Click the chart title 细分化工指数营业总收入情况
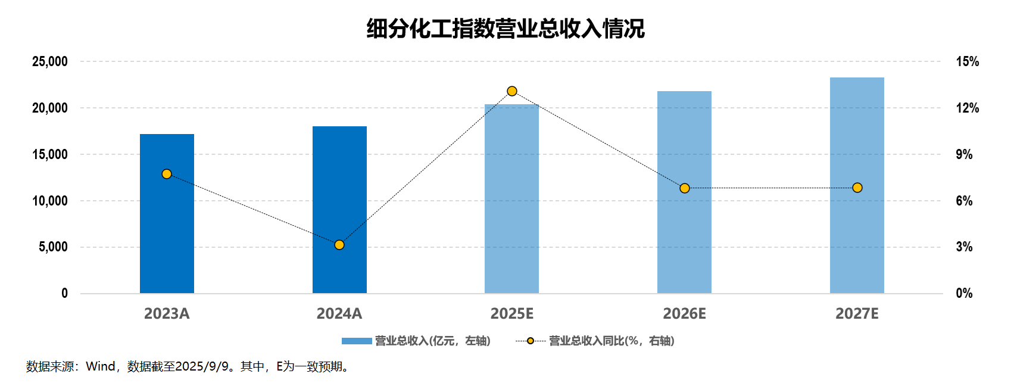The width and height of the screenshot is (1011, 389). coord(505,29)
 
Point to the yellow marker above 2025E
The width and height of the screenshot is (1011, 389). coord(512,91)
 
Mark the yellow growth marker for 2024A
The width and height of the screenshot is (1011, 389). coord(339,245)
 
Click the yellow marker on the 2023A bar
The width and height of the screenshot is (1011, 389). coord(167,174)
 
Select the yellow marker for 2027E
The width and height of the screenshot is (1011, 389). coord(857,188)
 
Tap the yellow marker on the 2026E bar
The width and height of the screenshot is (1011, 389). coord(685,188)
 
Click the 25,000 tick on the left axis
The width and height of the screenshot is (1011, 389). coord(50,61)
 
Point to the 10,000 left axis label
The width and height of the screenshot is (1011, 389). coord(50,201)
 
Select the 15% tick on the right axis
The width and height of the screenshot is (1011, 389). coord(967,61)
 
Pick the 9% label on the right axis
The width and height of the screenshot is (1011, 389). coord(964,154)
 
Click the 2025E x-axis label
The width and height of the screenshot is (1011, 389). coord(511,313)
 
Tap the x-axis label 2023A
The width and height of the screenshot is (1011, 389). coord(167,313)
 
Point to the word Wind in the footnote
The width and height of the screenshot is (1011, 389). coord(101,366)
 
